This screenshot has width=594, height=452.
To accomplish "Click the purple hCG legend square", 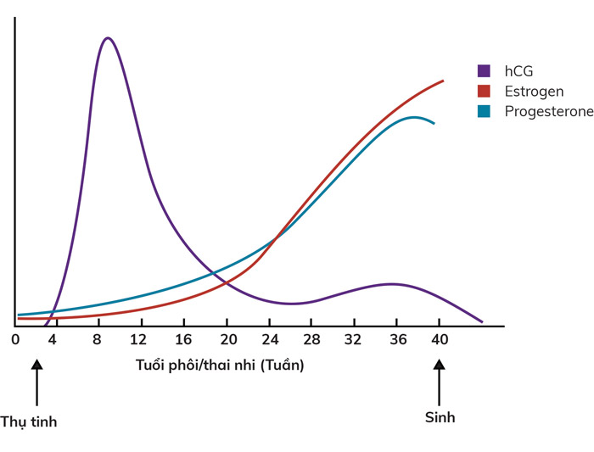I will tap(485, 70).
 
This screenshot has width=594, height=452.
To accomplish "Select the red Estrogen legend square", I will tap(485, 91).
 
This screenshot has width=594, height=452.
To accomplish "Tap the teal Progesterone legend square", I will tap(485, 111).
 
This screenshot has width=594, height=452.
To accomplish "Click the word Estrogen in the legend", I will tap(534, 91).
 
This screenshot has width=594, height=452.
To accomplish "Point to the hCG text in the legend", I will tap(518, 70).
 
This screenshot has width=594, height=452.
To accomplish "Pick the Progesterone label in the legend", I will tap(548, 111).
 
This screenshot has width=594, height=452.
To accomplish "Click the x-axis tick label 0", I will tap(15, 341).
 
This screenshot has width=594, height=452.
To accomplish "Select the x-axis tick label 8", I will tap(98, 341).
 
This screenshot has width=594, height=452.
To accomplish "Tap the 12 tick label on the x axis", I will tap(139, 341).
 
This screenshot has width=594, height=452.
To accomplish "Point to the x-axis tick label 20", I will tap(227, 341).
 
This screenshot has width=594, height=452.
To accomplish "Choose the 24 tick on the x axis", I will tap(270, 341).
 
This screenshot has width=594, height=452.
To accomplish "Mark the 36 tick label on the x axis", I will tap(396, 341).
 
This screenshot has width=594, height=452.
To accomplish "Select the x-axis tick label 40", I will tap(439, 341).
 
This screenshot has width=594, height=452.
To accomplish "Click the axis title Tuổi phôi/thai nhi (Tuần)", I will tap(219, 366).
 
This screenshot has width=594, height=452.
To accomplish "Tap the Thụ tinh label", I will tap(29, 421).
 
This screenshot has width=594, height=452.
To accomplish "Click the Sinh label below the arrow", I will tap(440, 416).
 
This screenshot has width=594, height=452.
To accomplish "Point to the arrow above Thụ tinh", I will tap(36, 382).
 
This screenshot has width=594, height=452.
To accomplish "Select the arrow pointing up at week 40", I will tap(439, 382).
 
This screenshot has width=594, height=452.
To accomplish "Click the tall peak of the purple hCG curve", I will tap(108, 38).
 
